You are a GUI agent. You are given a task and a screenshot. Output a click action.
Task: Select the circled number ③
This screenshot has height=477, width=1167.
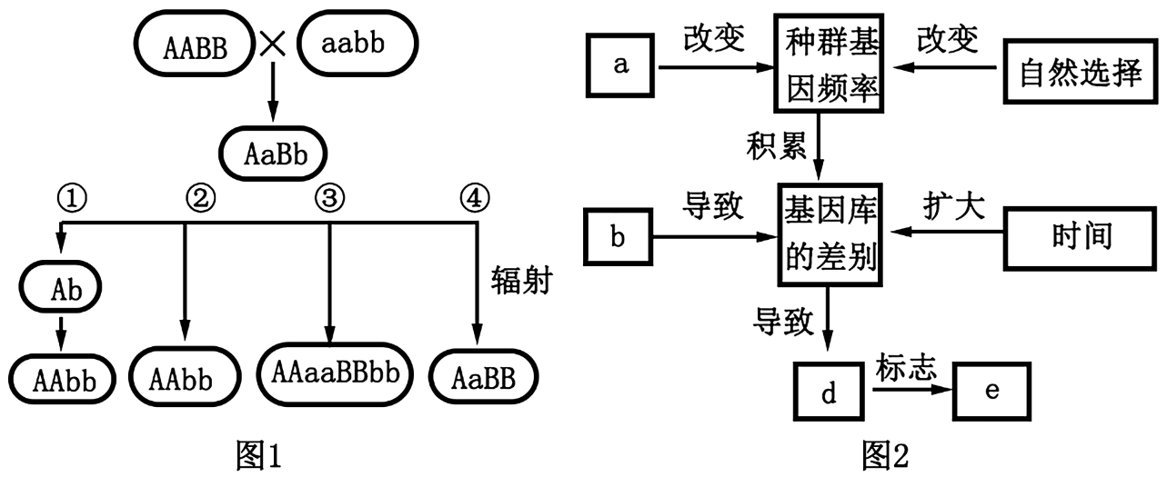pos(326,195)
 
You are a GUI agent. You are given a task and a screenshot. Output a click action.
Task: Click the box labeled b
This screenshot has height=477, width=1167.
pos(619,238)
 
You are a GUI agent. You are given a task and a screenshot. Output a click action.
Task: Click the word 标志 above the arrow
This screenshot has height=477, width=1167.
pos(906,369)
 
